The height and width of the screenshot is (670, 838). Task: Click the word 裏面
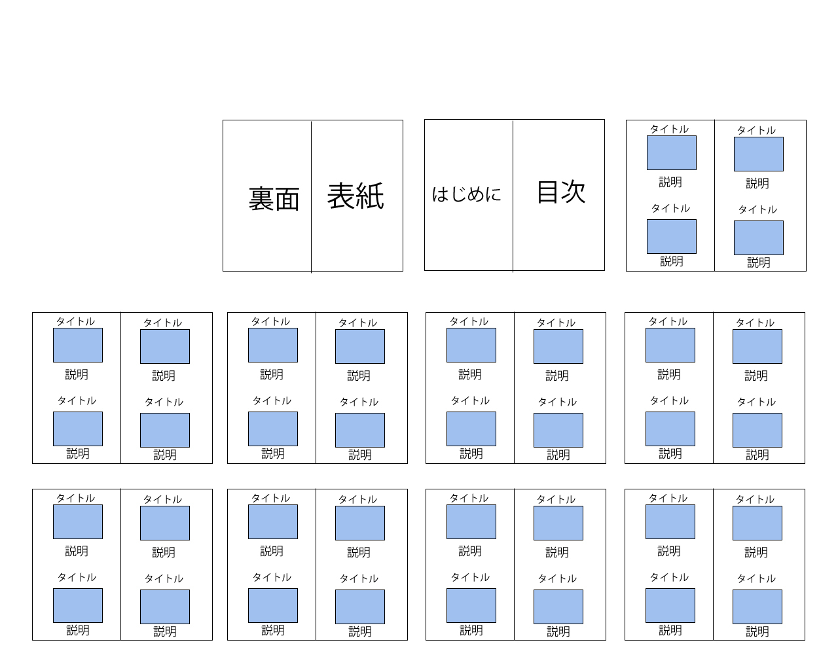[x=274, y=199]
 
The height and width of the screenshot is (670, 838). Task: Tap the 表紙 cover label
[x=355, y=196]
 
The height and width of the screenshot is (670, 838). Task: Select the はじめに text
[x=466, y=194]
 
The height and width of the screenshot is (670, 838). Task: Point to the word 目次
[x=561, y=192]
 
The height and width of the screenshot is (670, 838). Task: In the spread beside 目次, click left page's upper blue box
[x=671, y=152]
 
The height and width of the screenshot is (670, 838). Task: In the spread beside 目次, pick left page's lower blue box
[x=671, y=236]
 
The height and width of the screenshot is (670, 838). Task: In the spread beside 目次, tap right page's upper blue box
[x=758, y=154]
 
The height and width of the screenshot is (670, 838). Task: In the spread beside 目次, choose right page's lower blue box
[x=758, y=238]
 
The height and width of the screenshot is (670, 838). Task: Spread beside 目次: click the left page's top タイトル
[x=669, y=129]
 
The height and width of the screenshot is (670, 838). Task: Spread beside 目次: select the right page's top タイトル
[x=756, y=130]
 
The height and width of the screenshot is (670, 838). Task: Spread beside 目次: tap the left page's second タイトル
[x=670, y=208]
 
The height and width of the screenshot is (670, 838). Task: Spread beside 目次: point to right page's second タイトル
[x=757, y=209]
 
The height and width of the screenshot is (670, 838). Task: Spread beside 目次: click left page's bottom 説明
[x=672, y=261]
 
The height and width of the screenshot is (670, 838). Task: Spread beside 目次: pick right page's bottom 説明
[x=759, y=262]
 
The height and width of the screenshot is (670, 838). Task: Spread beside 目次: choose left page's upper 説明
[x=670, y=182]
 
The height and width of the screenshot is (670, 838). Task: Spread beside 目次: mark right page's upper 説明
[x=757, y=183]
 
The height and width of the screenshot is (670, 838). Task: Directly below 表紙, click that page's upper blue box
[x=359, y=346]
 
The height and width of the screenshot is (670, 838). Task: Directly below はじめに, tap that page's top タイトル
[x=469, y=321]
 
